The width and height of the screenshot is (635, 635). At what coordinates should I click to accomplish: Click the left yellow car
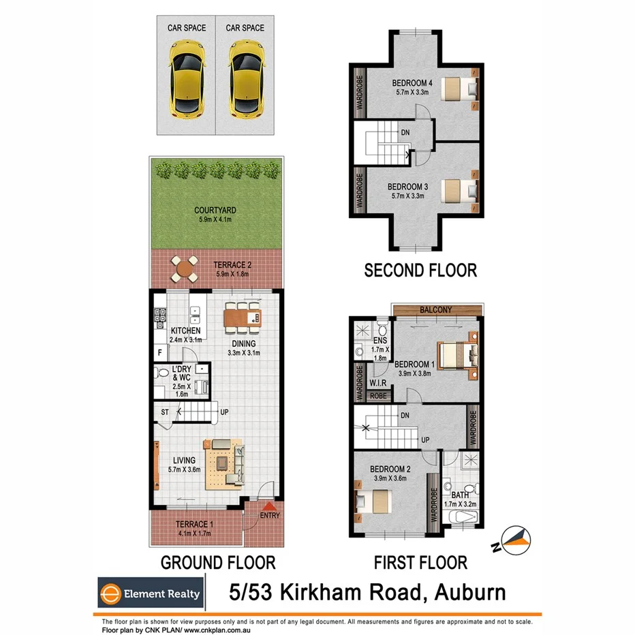pos(187,78)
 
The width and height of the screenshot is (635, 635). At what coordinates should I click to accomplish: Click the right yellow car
pos(245,78)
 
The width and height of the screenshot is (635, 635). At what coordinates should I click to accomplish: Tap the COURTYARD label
pos(215,211)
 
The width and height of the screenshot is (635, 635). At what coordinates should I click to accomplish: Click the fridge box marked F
pos(159,353)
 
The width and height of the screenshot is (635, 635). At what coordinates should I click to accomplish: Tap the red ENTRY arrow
pos(268,507)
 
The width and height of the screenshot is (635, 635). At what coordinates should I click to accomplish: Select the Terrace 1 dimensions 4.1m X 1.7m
pos(195,534)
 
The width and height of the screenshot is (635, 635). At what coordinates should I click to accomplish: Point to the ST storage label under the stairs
pos(165,412)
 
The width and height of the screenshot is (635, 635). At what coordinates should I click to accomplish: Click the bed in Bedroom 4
pos(459,89)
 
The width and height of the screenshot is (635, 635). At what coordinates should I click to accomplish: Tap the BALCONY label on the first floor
pos(435,310)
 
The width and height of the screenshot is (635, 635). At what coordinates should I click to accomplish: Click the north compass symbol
pos(516,538)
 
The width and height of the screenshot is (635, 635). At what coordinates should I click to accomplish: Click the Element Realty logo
pos(150,593)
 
